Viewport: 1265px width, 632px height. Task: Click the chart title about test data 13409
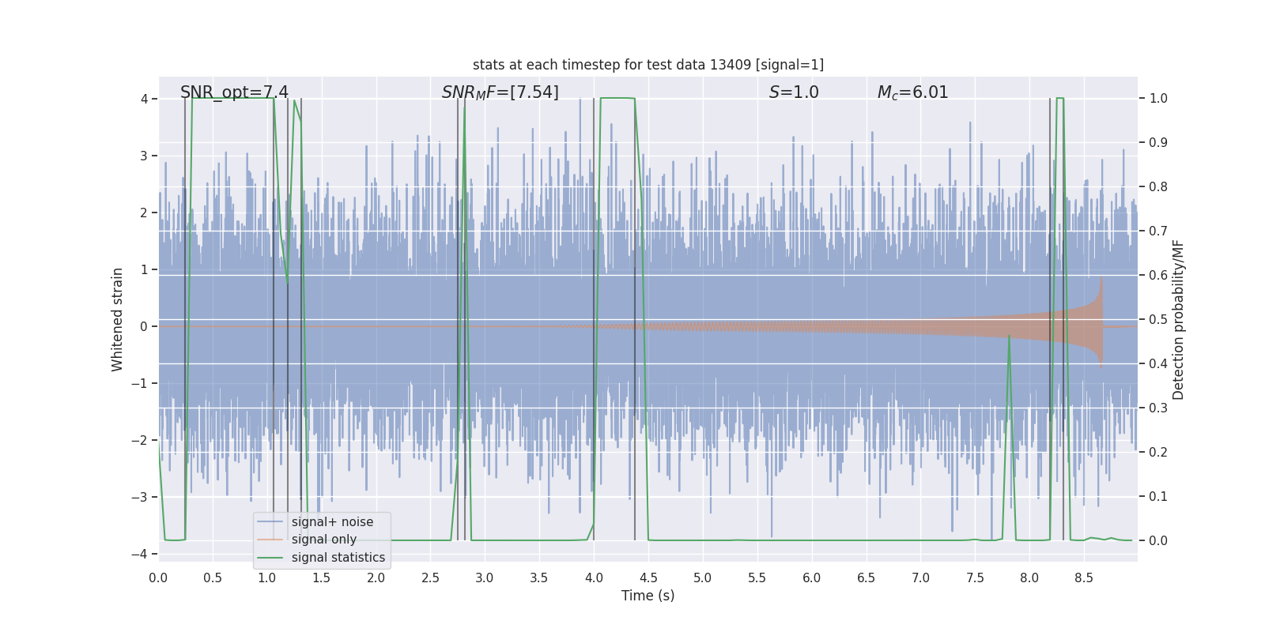click(x=648, y=65)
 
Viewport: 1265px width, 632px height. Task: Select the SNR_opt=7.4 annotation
click(x=234, y=92)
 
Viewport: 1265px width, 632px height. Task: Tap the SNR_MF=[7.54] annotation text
click(x=500, y=92)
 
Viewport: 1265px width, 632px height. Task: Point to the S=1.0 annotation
click(x=794, y=92)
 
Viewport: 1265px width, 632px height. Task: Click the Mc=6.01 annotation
click(x=912, y=92)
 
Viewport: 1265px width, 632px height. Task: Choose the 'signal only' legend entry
click(x=323, y=540)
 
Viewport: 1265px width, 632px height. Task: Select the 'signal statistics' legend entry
click(x=338, y=558)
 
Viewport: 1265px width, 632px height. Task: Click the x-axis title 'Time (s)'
click(x=648, y=596)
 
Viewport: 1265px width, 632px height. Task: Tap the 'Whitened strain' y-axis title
click(x=118, y=319)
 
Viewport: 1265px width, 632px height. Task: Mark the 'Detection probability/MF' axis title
click(x=1178, y=319)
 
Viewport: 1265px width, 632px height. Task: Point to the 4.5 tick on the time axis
click(x=648, y=578)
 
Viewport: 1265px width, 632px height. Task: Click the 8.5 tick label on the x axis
click(x=1083, y=578)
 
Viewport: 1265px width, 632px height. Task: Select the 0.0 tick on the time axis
click(x=158, y=578)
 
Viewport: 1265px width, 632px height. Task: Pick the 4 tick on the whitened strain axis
click(x=144, y=99)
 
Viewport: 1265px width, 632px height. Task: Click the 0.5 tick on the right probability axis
click(x=1157, y=320)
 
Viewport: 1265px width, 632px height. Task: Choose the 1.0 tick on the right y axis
click(x=1157, y=99)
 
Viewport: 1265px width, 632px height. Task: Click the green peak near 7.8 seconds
click(x=1009, y=337)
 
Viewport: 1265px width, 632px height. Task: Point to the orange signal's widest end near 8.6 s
click(x=1101, y=320)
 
